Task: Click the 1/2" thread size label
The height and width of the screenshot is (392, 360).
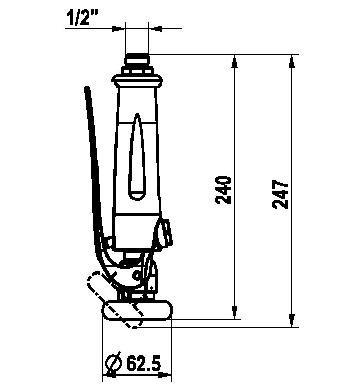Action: (82, 18)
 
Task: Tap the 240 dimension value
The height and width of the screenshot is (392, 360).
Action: (223, 190)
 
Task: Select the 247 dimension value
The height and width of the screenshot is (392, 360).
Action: (281, 194)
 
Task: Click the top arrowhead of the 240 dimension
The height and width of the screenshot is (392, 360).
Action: (234, 61)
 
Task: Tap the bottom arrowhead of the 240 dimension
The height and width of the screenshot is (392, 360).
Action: (234, 312)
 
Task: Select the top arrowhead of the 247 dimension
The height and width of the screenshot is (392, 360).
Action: (291, 61)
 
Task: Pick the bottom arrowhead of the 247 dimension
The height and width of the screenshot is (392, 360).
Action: (291, 320)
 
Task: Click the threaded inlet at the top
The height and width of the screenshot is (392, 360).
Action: (137, 60)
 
